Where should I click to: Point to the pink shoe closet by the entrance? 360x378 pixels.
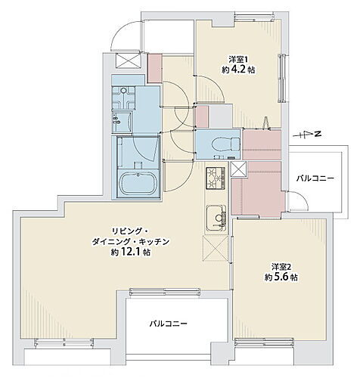tap(155, 67)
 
